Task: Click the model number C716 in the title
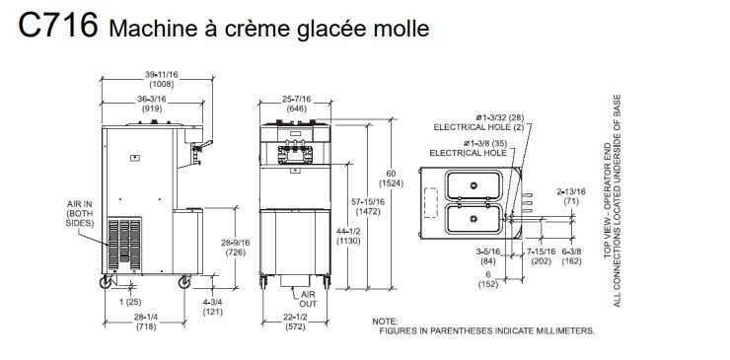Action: click(58, 25)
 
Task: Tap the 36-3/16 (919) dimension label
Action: click(153, 104)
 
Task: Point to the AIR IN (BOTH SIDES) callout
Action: click(80, 214)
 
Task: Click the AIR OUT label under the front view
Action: click(308, 299)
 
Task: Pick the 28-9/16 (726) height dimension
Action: click(236, 248)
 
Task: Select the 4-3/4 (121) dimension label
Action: click(213, 307)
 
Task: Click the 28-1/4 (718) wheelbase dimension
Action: click(146, 322)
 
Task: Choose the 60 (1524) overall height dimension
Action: click(391, 179)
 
